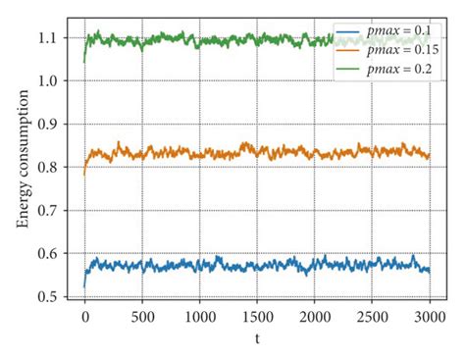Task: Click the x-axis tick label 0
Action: coord(84,318)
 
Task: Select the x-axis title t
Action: coord(257,340)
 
